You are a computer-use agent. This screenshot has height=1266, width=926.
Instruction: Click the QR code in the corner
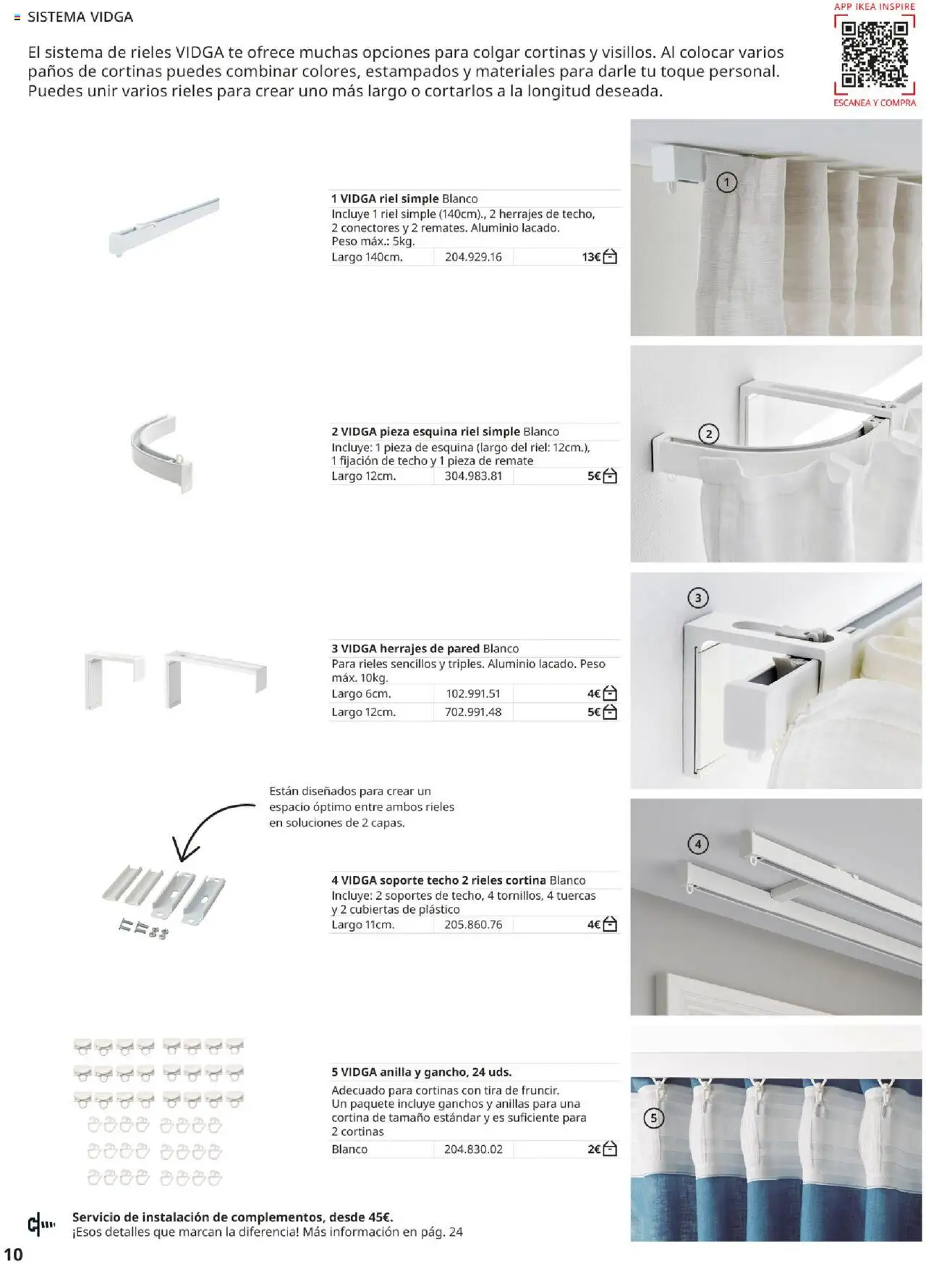point(874,54)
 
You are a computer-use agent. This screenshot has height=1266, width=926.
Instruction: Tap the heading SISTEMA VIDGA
point(80,17)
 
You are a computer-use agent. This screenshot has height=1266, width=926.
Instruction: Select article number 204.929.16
point(473,257)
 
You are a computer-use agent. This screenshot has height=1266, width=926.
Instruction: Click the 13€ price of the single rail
point(590,257)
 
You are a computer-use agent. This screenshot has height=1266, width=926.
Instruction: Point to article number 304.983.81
point(473,476)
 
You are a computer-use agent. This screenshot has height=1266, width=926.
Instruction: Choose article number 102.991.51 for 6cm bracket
point(473,693)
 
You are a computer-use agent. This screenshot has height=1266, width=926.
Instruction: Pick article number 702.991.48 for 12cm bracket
point(473,712)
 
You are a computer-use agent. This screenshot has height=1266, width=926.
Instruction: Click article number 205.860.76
point(473,924)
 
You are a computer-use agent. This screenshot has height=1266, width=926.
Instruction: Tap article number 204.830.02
point(473,1149)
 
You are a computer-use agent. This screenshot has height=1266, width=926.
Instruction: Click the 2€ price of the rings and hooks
point(593,1149)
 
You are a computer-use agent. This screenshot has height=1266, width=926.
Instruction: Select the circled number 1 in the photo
point(726,182)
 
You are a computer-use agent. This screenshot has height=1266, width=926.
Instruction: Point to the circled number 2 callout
point(708,434)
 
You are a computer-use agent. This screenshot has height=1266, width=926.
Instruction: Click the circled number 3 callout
point(697,598)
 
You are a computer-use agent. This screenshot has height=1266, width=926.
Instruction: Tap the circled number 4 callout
point(697,844)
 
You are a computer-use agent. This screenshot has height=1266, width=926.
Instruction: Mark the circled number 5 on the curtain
point(653,1118)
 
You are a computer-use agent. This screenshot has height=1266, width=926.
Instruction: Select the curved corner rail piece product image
point(163,452)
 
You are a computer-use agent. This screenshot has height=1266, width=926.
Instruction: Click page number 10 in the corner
point(13,1254)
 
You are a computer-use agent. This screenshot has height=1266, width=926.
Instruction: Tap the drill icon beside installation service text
point(41,1225)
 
